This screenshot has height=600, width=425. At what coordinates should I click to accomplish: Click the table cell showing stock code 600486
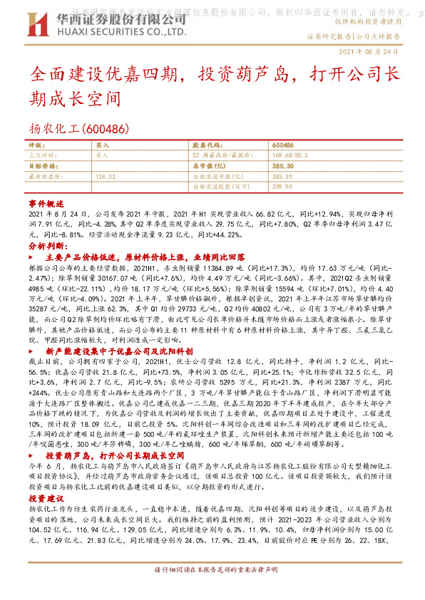(x=283, y=145)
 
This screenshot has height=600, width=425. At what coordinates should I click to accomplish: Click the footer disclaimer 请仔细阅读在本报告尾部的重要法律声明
(x=212, y=589)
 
